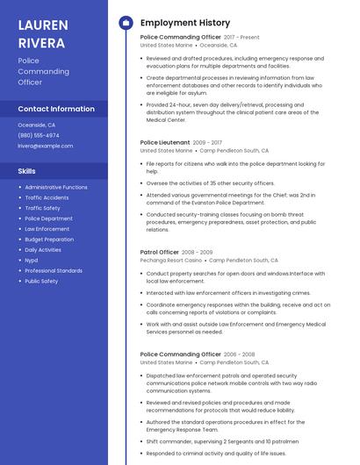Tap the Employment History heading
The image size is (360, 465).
tap(184, 23)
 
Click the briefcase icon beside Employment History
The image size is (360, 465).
tap(126, 23)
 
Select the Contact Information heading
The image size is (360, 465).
tap(56, 109)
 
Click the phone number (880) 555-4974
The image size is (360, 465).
tap(39, 135)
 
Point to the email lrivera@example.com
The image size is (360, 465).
tap(46, 146)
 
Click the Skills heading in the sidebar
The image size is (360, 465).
tap(27, 171)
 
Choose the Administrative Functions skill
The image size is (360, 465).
tap(56, 187)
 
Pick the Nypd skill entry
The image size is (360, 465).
tap(32, 260)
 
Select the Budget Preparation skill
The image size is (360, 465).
tap(49, 239)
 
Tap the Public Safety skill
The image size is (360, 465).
tap(41, 281)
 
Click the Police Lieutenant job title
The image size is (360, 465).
tap(164, 142)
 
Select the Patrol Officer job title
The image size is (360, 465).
tap(159, 252)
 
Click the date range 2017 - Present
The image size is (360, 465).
tap(241, 38)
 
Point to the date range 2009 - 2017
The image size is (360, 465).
tap(207, 142)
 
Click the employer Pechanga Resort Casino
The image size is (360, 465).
tap(171, 261)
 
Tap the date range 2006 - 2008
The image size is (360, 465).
tap(240, 354)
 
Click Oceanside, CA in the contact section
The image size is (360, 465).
tap(36, 125)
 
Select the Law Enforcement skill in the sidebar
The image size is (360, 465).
tap(47, 228)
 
